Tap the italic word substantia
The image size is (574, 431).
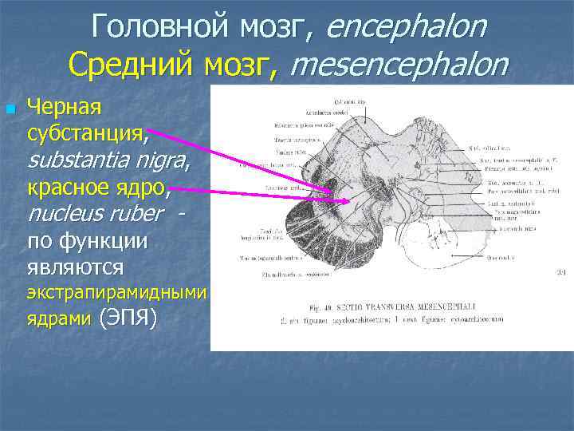[87, 162]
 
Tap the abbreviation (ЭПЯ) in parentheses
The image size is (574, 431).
[127, 318]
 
